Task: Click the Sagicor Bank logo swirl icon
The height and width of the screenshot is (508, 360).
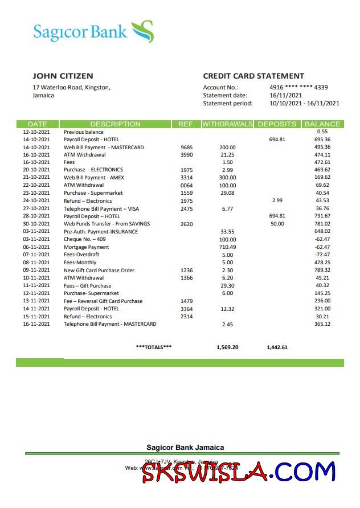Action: point(143,31)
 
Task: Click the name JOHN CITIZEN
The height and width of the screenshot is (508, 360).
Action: point(63,76)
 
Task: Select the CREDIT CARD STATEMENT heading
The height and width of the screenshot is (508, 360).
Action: point(253,76)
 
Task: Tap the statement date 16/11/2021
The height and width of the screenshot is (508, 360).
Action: point(285,95)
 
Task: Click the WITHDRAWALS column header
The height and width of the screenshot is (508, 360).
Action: point(227,124)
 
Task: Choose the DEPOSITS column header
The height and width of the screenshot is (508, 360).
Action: point(277,124)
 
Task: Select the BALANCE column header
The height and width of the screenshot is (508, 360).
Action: point(322,124)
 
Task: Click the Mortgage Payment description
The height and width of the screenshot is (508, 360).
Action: point(86,247)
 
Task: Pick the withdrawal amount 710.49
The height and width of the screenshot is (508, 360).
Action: point(227,247)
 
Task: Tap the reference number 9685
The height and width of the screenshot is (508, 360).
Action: point(186,147)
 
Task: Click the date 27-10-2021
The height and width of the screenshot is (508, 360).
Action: point(36,208)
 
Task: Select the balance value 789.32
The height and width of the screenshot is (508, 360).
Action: point(322,270)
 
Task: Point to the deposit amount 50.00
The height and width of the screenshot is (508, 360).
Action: point(277,224)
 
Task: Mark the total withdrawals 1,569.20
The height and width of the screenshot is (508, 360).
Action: point(227,347)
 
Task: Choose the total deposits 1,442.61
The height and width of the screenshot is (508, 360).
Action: point(277,347)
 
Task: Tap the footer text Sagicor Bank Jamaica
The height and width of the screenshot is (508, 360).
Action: point(185,447)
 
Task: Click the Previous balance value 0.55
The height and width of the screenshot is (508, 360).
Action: point(322,132)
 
